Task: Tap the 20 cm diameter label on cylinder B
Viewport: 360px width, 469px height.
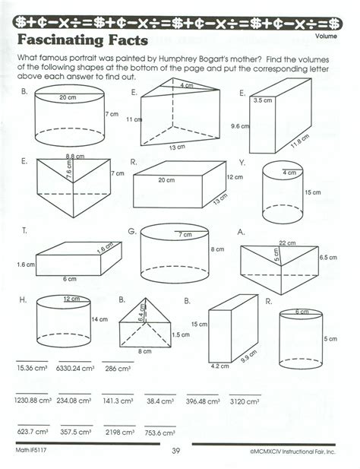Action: (x=68, y=97)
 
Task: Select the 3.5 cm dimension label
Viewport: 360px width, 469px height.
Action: (x=263, y=100)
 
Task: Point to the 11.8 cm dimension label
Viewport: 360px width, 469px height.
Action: (x=300, y=141)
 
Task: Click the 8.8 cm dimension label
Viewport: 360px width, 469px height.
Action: (x=75, y=156)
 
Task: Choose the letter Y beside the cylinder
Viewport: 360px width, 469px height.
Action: (x=242, y=163)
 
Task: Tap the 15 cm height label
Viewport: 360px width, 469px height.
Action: (x=312, y=192)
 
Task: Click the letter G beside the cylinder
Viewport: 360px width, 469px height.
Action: (x=131, y=232)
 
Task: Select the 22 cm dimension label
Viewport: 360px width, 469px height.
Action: (x=287, y=243)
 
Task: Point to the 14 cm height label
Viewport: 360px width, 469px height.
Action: (x=99, y=319)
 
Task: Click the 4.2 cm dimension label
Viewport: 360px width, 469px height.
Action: (x=220, y=366)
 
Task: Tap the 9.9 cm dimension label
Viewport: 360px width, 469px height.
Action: (x=248, y=356)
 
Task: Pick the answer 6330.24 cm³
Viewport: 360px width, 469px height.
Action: (x=75, y=368)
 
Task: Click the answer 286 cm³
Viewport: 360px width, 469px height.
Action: (x=118, y=369)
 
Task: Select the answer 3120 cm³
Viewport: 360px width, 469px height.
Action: (x=245, y=401)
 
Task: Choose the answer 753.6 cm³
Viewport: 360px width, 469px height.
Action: (x=159, y=433)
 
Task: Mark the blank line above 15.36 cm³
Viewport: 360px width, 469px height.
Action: (x=32, y=361)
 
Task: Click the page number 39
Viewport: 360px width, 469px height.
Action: (x=176, y=451)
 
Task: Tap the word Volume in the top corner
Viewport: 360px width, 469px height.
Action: (x=326, y=36)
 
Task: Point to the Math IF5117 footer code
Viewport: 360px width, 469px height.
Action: (x=31, y=450)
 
